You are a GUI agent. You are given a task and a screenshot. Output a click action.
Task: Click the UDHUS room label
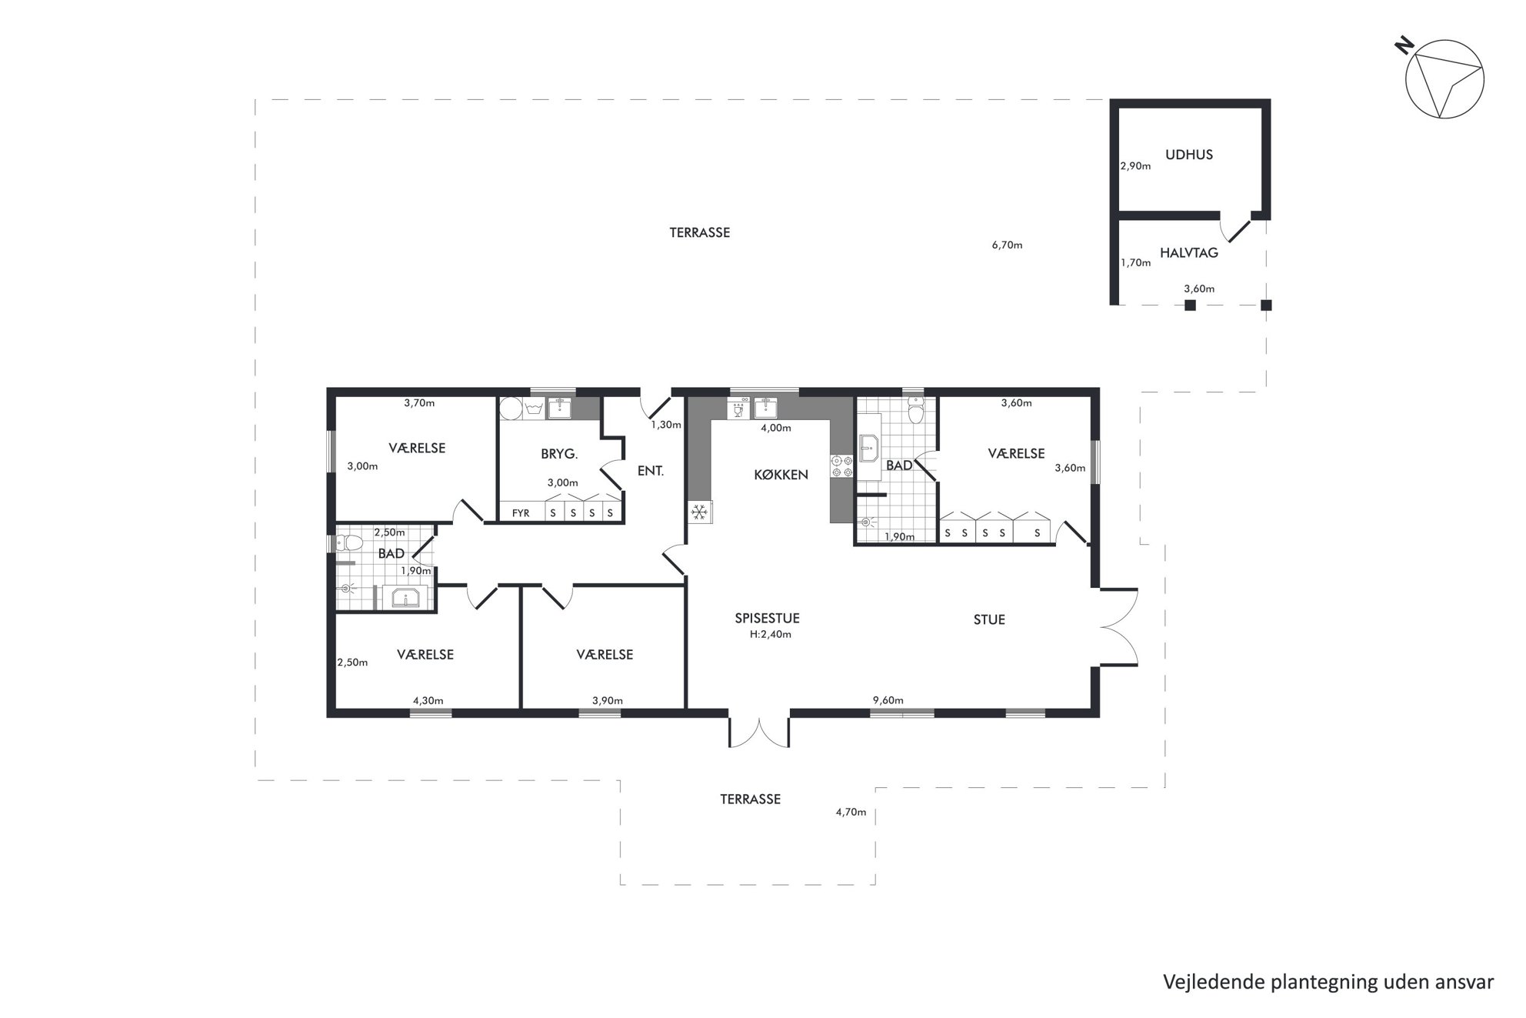pos(1188,155)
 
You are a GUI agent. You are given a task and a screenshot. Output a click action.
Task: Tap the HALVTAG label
pos(1188,252)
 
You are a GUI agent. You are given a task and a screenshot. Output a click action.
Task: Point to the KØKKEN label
pos(781,475)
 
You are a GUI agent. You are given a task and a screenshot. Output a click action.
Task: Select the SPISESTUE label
pos(767,618)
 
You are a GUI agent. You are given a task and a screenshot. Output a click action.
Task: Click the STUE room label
pos(989,619)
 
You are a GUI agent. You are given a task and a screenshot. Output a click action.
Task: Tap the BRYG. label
pos(559,454)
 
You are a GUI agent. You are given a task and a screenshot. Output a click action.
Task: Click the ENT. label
pos(650,470)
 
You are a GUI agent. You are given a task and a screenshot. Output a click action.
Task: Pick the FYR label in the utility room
pos(521,512)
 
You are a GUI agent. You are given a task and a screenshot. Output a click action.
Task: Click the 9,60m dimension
pos(888,700)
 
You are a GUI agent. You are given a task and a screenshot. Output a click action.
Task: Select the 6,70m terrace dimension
pos(1007,245)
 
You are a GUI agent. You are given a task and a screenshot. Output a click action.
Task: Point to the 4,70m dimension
pos(851,812)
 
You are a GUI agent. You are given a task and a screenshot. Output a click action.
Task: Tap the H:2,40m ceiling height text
pos(771,635)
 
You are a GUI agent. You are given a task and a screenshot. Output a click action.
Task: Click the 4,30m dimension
pos(428,701)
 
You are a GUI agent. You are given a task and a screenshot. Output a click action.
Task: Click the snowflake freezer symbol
pos(699,512)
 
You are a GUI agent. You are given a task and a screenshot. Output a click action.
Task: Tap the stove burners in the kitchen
pos(841,466)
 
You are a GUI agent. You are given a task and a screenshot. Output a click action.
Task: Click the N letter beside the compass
pos(1404,47)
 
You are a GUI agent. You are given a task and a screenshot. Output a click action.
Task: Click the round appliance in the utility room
pos(510,408)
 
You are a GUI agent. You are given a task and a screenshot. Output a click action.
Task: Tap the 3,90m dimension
pos(608,701)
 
